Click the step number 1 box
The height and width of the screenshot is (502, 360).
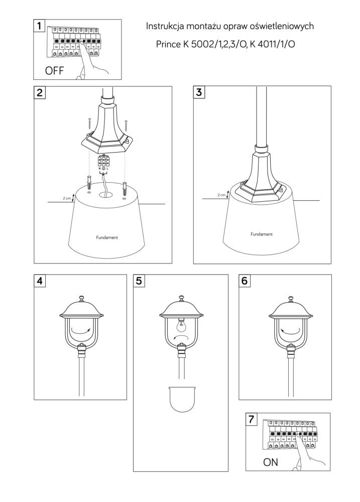pos(39,26)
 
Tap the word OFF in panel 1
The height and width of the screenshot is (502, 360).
pos(54,70)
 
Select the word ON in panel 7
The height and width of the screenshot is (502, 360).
pos(270,462)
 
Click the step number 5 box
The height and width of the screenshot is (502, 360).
pos(139,281)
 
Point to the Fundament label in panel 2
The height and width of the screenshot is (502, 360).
pos(107,237)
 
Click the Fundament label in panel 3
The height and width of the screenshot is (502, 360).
pos(262,234)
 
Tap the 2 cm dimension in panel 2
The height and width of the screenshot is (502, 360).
pos(67,198)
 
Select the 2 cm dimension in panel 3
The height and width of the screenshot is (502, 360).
pos(221,195)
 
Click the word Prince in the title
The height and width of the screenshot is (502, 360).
pos(168,44)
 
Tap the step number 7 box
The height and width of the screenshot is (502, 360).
pos(251,419)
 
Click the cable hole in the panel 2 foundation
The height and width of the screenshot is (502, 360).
pos(106,194)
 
